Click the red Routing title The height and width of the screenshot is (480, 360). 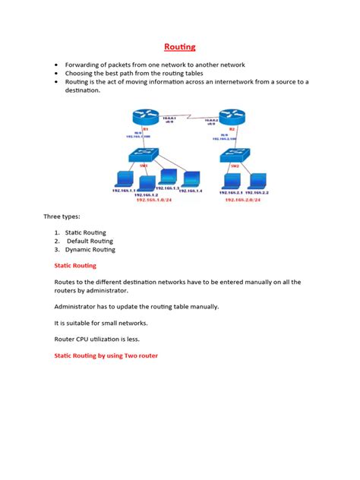pyautogui.click(x=180, y=47)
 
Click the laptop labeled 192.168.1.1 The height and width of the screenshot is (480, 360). pyautogui.click(x=122, y=180)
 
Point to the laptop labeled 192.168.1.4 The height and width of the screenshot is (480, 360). pyautogui.click(x=189, y=178)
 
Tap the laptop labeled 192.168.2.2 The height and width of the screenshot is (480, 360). pyautogui.click(x=258, y=181)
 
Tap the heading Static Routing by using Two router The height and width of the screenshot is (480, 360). pyautogui.click(x=106, y=355)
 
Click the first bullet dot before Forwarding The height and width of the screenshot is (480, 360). pyautogui.click(x=56, y=65)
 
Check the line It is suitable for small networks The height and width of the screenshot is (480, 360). pyautogui.click(x=107, y=322)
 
